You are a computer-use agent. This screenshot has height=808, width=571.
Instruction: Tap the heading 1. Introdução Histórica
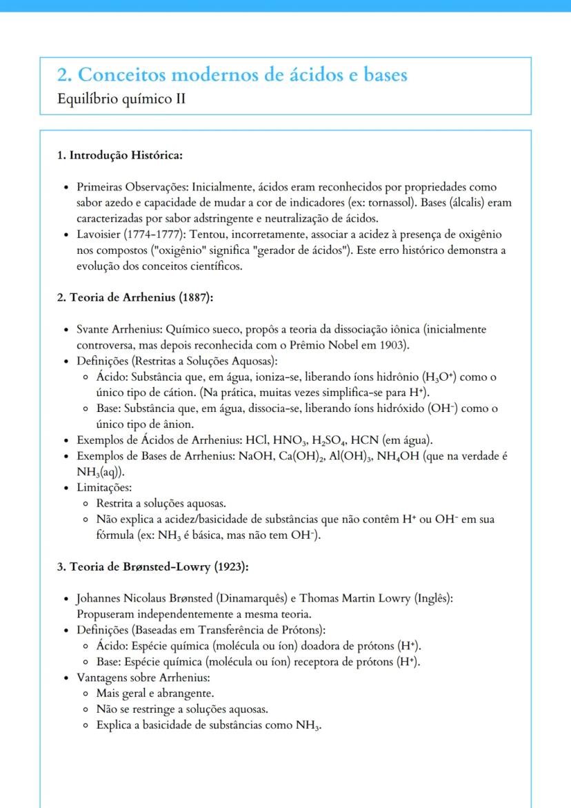coord(119,155)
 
